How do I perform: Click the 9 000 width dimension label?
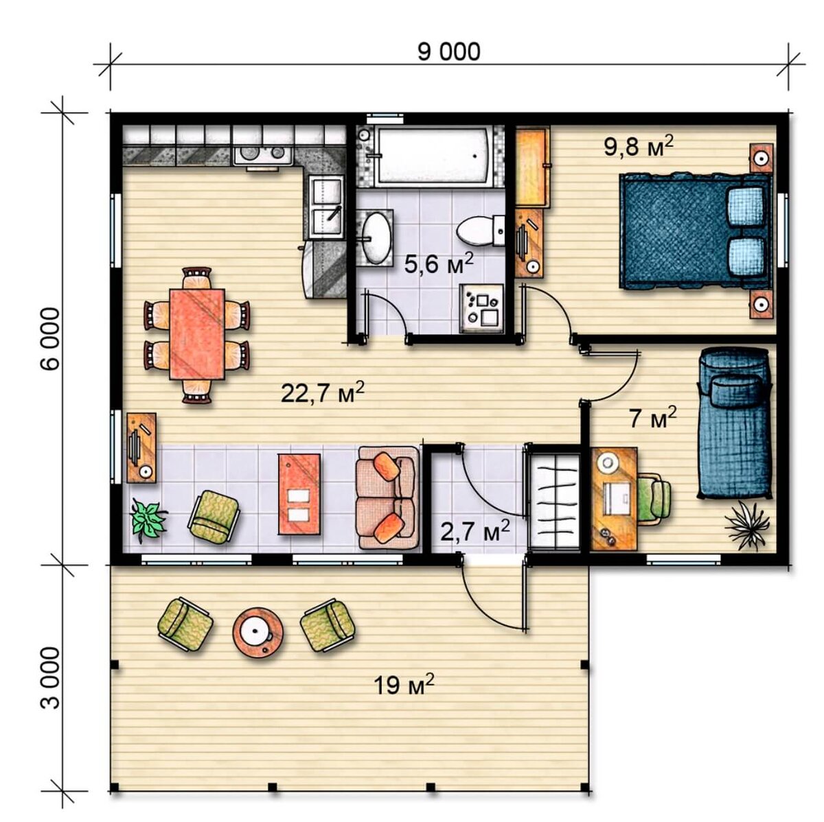448,52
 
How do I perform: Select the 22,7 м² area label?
323,392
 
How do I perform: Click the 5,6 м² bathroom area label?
438,263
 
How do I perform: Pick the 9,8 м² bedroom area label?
639,146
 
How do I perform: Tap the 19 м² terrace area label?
404,685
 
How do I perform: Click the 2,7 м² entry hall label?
474,531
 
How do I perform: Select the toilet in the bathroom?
481,231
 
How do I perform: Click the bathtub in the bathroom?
432,156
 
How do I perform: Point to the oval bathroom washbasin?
376,237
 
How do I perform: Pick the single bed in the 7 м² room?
734,423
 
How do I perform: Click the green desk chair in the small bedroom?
654,498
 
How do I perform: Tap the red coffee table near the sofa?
299,494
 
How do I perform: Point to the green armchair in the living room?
214,517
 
